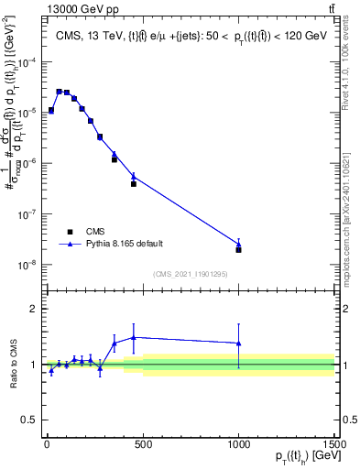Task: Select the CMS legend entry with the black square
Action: (70, 232)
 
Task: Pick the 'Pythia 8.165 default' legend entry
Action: (70, 245)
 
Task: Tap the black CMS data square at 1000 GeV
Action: (238, 249)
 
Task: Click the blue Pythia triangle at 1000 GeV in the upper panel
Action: (238, 244)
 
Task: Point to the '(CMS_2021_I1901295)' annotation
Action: (190, 274)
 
